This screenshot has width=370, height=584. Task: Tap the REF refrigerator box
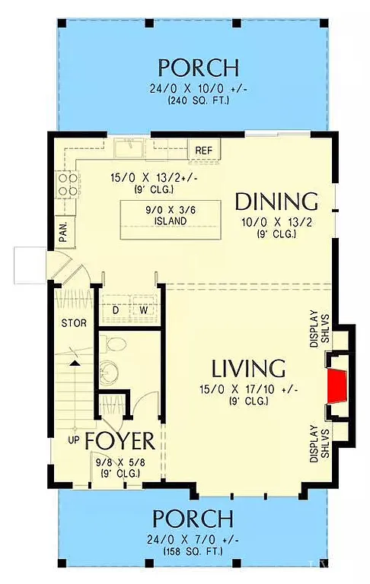(203, 151)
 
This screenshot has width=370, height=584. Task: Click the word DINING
(276, 202)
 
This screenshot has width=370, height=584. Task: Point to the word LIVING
(248, 369)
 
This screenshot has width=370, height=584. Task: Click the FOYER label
(120, 441)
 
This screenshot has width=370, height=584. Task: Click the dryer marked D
(116, 310)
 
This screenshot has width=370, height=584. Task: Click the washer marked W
(142, 310)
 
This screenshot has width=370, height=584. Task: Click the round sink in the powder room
(111, 373)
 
